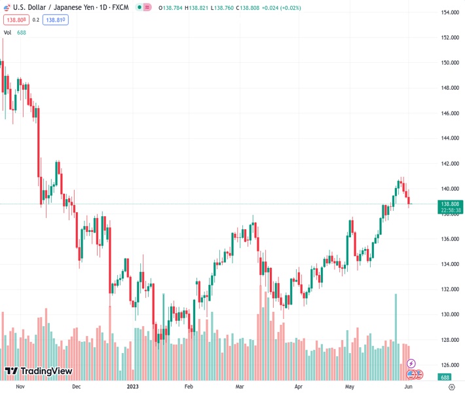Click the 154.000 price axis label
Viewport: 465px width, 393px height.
click(x=449, y=12)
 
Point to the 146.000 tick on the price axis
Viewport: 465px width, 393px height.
click(x=449, y=113)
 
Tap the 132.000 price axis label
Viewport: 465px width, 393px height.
click(x=449, y=289)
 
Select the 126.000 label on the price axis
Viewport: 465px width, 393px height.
click(x=449, y=365)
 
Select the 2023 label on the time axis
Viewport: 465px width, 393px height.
click(x=133, y=386)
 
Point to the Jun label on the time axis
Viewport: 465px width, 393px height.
click(x=407, y=386)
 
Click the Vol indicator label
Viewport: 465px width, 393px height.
click(x=8, y=32)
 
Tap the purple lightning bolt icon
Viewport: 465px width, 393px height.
click(x=411, y=364)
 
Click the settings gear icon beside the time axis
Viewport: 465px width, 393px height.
click(x=451, y=386)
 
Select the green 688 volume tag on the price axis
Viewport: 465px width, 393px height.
click(x=445, y=377)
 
